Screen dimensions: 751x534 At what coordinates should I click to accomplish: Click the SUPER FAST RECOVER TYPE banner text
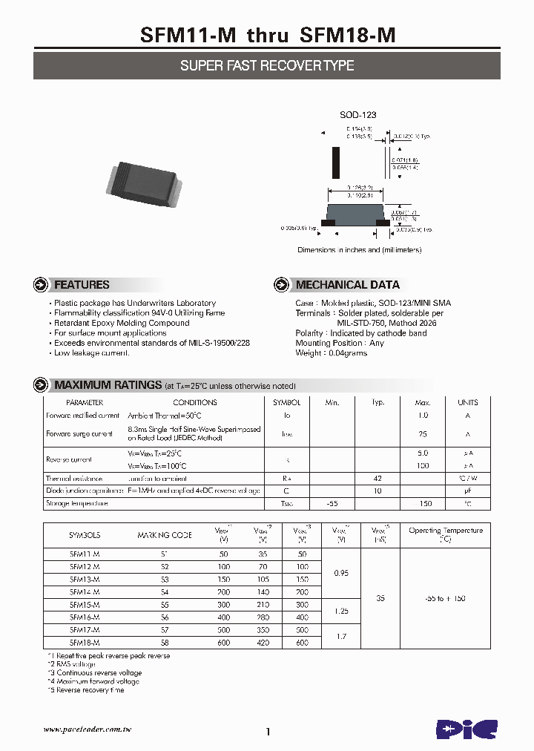pos(267,65)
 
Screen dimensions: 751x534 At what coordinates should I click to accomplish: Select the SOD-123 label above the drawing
pos(358,115)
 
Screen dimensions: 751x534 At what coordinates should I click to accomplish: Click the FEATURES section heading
pos(82,285)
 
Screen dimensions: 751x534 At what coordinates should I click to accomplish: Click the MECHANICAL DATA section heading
pos(347,285)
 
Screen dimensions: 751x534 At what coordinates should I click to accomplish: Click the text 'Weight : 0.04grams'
pos(331,353)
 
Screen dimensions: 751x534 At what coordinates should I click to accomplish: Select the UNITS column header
pos(468,401)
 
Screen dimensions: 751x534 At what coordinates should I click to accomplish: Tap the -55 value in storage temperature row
pos(332,504)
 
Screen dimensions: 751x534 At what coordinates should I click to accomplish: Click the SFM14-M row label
pos(85,591)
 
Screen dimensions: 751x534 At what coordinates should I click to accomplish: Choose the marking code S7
pos(164,629)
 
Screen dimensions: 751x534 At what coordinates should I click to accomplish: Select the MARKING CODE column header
pos(164,534)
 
